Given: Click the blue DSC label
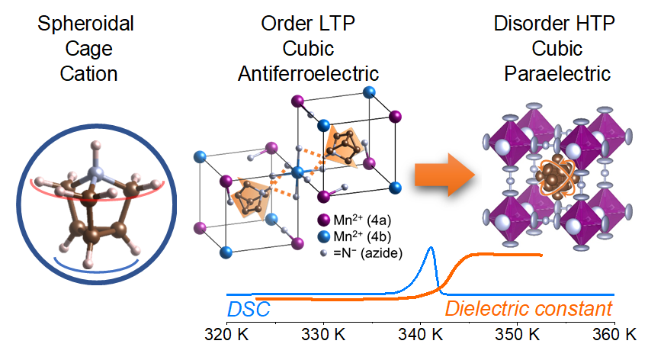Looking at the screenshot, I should pos(249,310).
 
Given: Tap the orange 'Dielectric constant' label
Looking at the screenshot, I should pos(528,310).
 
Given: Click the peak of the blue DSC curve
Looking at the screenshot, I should pos(431,248).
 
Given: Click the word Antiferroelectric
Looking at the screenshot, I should pos(308,74).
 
